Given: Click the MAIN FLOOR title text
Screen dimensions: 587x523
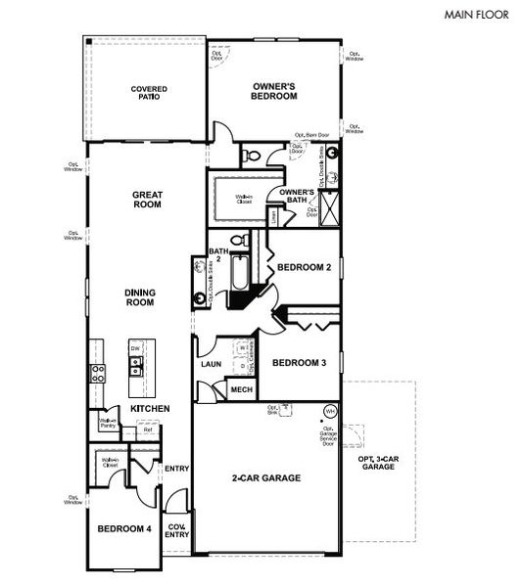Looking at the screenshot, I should click(x=476, y=16).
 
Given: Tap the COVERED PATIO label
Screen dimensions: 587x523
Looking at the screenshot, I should click(x=149, y=93).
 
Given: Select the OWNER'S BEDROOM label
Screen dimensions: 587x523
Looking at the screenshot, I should click(x=273, y=91).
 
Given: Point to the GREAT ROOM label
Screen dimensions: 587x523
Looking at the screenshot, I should click(x=147, y=201).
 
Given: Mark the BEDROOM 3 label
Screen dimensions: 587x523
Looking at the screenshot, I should click(x=299, y=363).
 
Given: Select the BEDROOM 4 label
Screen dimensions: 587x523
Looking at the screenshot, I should click(x=123, y=529).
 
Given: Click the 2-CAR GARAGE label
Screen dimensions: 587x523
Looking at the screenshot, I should click(x=265, y=478).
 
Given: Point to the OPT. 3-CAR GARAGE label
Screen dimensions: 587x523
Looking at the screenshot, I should click(x=379, y=464).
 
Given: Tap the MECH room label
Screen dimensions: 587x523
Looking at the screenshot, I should click(x=241, y=389).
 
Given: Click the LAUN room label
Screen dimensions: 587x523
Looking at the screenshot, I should click(x=212, y=365).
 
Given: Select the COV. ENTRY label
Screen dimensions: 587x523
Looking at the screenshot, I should click(x=177, y=529).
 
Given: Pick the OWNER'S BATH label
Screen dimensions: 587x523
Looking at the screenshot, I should click(x=297, y=196).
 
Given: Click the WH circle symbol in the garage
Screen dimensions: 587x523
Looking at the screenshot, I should click(x=330, y=408).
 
